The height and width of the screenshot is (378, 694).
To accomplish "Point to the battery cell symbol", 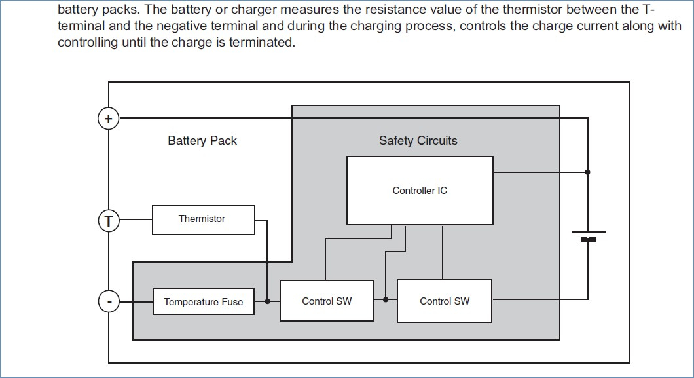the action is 588,235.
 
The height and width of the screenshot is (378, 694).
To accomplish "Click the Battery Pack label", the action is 202,141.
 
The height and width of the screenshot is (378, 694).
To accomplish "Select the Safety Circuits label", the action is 418,141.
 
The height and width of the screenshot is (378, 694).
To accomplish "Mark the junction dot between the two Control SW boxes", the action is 386,299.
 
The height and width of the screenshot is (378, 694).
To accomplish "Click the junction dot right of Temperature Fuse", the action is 267,301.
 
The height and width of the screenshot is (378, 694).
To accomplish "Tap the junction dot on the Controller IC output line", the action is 587,172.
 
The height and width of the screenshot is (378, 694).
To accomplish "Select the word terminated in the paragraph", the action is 262,42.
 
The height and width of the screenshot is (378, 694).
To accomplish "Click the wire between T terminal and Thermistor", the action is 136,219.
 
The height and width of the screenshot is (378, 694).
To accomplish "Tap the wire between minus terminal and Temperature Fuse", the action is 136,301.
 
